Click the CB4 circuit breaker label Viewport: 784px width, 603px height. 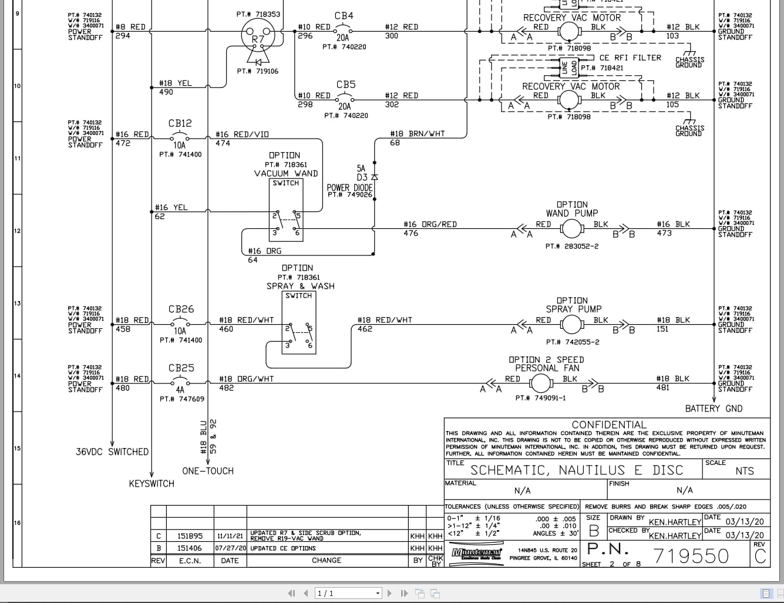click(344, 16)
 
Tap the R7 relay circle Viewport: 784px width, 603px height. click(258, 38)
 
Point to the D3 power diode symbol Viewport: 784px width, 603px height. click(375, 177)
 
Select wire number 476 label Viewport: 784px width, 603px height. click(411, 233)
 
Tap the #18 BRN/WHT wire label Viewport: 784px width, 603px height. click(417, 134)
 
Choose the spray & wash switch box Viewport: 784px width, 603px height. click(299, 323)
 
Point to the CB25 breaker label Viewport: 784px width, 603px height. click(181, 368)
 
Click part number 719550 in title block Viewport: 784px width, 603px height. click(691, 555)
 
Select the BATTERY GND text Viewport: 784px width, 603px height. click(714, 409)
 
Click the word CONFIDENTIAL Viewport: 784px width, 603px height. click(608, 425)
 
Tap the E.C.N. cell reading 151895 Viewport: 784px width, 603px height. click(190, 536)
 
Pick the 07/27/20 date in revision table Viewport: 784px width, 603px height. click(230, 548)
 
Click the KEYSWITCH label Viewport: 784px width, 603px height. click(152, 484)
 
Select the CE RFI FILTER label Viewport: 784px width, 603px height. click(630, 58)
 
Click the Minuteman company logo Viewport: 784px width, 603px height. click(476, 553)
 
